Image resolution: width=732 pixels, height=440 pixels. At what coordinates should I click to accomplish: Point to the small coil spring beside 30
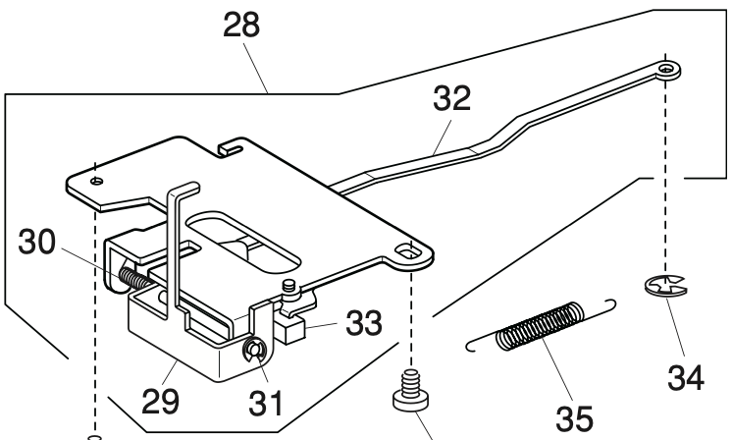pos(139,279)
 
